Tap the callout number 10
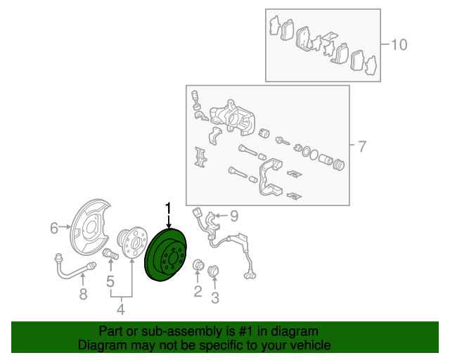click(399, 45)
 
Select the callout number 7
click(363, 146)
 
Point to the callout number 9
click(234, 216)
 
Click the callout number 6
click(54, 229)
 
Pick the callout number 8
click(83, 294)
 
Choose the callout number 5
click(110, 281)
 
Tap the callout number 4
click(121, 309)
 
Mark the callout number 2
click(198, 291)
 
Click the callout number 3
click(215, 297)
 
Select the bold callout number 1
click(169, 208)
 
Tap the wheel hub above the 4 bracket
click(132, 243)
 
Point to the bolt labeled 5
click(110, 254)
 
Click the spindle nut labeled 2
click(198, 264)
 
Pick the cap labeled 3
click(213, 271)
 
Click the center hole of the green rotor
click(173, 259)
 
